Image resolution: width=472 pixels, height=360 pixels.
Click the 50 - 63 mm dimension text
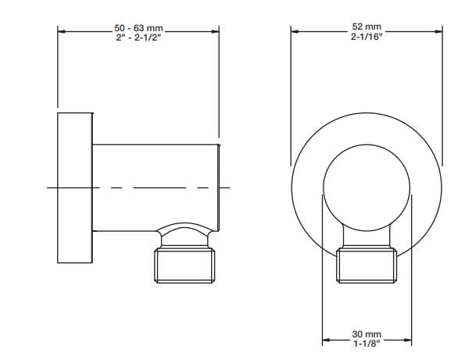pos(138,29)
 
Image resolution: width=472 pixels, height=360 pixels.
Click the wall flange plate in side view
pos(75,187)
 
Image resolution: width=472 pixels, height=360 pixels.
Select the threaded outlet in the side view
pos(184,266)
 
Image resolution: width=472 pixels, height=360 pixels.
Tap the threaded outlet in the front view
pos(366,266)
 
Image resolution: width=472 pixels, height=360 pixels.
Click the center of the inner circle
pos(366,187)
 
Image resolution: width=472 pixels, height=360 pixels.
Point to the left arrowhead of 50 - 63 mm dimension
pos(62,33)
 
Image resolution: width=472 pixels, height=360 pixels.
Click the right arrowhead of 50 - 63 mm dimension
pos(215,33)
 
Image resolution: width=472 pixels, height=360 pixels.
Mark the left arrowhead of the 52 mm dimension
pos(295,31)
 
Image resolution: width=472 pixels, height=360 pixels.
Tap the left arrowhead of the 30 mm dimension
pos(327,340)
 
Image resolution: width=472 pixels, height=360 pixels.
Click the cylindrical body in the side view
pos(156,187)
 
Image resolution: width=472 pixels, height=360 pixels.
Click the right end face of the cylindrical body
pos(220,187)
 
